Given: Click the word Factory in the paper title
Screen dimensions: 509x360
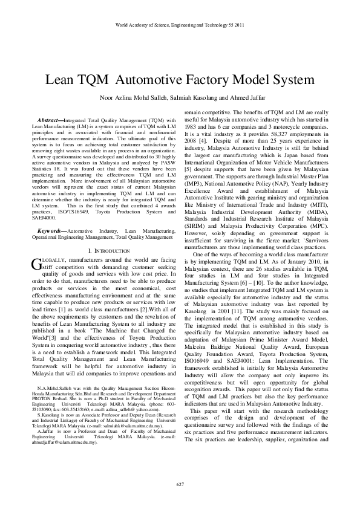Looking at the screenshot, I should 219,80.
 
